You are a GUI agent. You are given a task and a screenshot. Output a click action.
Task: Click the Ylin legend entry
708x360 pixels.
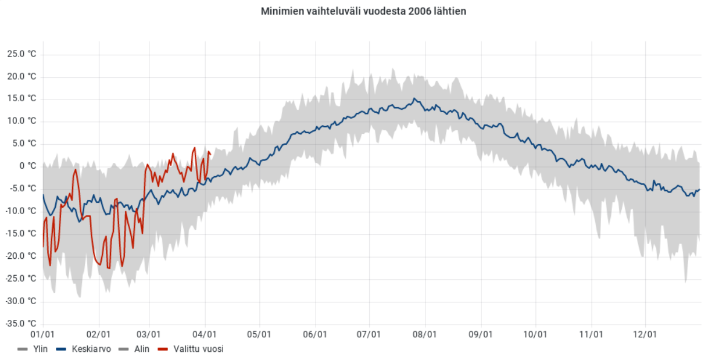40,349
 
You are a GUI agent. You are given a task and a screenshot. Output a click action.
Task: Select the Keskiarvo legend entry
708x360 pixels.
91,349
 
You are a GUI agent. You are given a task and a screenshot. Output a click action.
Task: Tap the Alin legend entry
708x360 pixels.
141,349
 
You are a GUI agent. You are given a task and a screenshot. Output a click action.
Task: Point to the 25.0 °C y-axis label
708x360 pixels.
22,54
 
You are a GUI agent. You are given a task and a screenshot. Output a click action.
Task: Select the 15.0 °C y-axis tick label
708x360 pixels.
22,99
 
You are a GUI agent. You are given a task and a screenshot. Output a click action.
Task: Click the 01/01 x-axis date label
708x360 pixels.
42,334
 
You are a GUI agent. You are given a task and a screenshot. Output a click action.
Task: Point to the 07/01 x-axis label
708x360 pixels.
369,334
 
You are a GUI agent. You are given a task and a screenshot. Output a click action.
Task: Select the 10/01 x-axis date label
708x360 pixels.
535,334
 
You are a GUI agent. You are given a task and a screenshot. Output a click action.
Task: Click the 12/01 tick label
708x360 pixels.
645,334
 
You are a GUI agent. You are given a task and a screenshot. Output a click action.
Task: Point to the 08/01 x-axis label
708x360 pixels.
425,334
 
